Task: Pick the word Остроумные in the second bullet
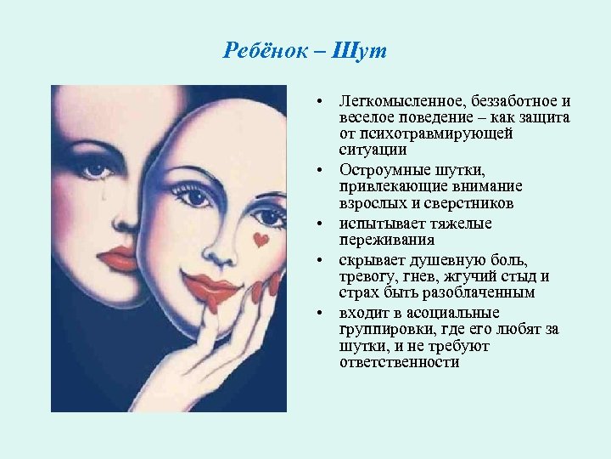point(379,170)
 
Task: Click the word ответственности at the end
point(399,363)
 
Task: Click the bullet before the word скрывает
point(323,260)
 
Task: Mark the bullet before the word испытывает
point(323,224)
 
